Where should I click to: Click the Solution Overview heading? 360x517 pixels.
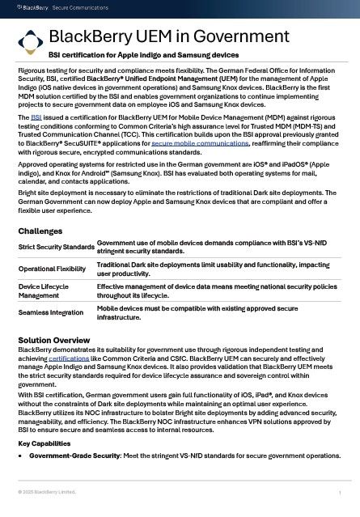[53, 339]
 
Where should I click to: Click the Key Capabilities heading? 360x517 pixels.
[46, 443]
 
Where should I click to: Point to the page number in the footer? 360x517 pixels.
[341, 493]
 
